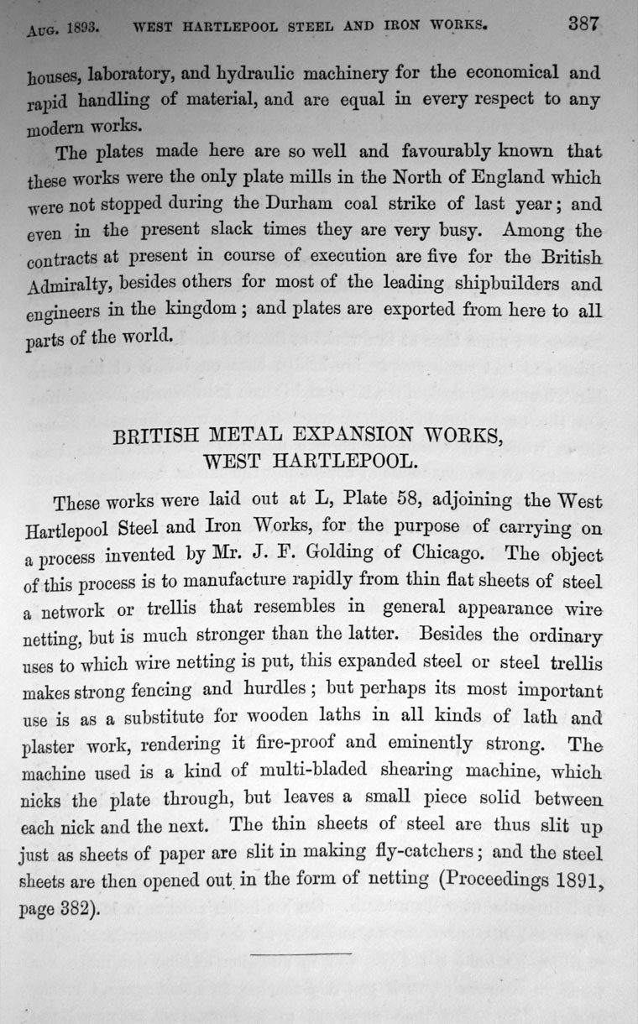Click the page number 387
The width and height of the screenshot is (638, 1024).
(x=583, y=23)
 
